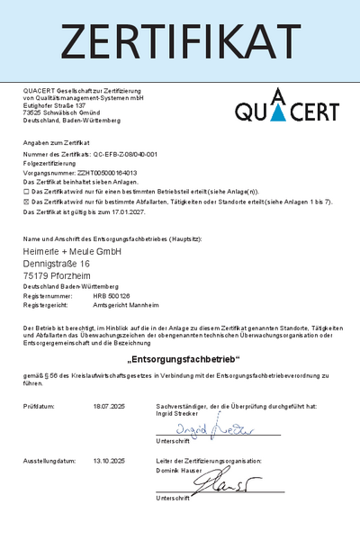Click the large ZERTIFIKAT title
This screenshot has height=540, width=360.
click(180, 40)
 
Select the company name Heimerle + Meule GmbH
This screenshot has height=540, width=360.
click(72, 251)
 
